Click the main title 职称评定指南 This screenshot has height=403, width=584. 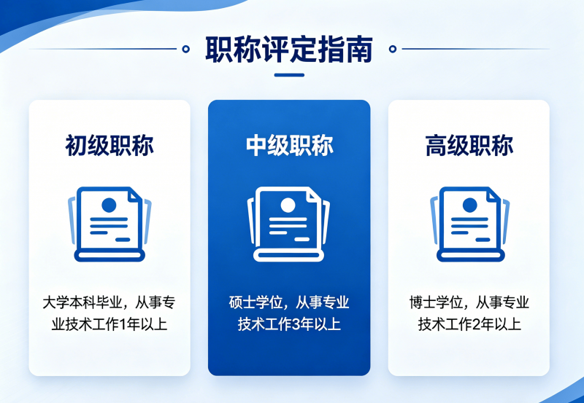pos(289,49)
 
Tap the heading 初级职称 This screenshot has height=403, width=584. pos(109,145)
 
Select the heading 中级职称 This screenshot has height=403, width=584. pos(289,145)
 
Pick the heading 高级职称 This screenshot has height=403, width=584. pos(469,145)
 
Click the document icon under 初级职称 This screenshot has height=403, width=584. pos(109,224)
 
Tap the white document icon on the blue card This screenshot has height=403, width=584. pos(288,224)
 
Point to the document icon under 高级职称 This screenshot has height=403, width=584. pos(470,224)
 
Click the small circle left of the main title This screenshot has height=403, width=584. pos(185,49)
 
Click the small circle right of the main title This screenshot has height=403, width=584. pos(393,49)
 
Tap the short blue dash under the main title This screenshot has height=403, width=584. pos(289,75)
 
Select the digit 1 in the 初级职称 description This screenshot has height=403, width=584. pos(121,324)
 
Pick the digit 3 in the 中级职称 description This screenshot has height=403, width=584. pos(296,324)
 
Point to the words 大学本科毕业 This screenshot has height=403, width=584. pos(82,302)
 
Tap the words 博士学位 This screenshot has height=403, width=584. pos(436,302)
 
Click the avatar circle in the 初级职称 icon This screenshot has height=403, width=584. pos(109,206)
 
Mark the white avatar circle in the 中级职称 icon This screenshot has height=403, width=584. pos(288,206)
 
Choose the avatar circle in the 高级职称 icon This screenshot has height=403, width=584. pos(469,206)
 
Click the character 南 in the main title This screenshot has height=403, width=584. pos(359,49)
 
